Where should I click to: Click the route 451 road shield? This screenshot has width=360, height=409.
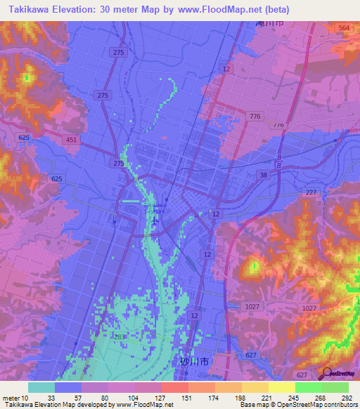[72, 140]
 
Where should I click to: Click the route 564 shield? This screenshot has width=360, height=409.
[343, 27]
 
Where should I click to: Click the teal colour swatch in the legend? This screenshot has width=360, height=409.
[41, 387]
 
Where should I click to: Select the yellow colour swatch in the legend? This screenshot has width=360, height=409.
[281, 387]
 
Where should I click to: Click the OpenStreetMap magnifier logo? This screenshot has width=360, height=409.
[326, 372]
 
